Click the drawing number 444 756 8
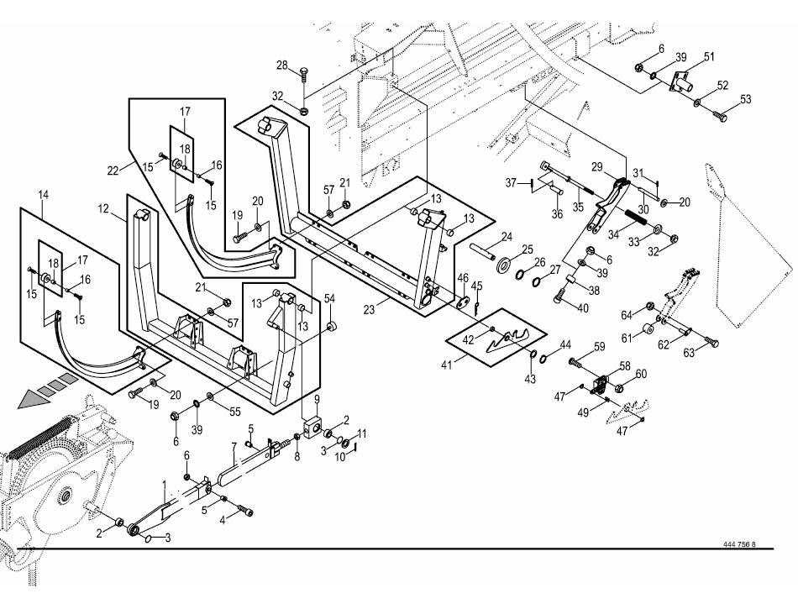tap(739, 544)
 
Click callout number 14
tap(43, 195)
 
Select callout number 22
tap(113, 171)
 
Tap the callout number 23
tap(370, 309)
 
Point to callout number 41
tap(447, 365)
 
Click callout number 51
tap(709, 56)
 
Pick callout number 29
tap(597, 167)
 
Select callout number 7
tap(234, 448)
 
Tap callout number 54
tap(330, 299)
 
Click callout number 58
tap(625, 366)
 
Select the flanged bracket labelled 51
tap(683, 82)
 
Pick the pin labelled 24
tap(481, 251)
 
